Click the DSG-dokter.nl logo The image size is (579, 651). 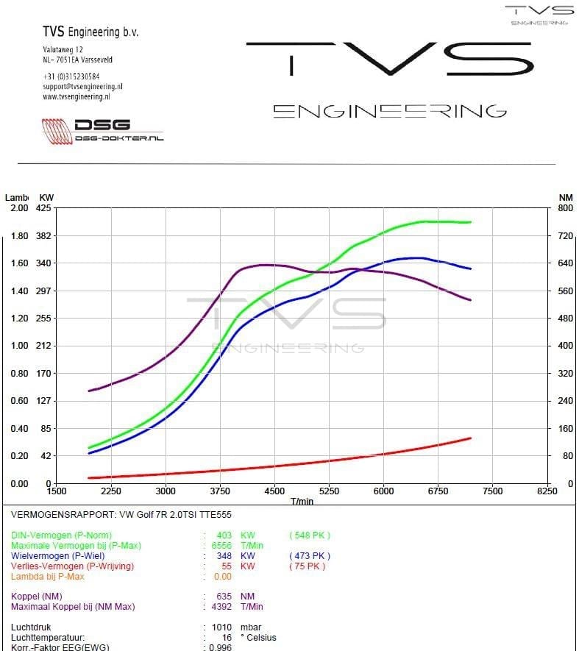pos(103,130)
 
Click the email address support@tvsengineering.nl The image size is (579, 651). pos(82,86)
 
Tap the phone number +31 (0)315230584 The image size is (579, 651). pos(71,76)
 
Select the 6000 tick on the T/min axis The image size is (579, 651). pos(383,491)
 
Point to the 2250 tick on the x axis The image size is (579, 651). pos(111,491)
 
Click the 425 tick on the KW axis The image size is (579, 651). pos(43,208)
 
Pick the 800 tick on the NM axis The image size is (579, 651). pos(565,208)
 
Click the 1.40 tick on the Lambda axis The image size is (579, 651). pos(19,291)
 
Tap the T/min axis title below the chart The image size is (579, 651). pos(302,501)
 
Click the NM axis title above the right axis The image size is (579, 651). pos(566,197)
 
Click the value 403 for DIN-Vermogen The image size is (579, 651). pos(224,536)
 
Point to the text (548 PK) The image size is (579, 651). pos(310,536)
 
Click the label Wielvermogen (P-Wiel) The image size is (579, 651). pos(57,556)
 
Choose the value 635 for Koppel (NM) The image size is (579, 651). pos(224,597)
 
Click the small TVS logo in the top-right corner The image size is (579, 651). pos(539,14)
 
